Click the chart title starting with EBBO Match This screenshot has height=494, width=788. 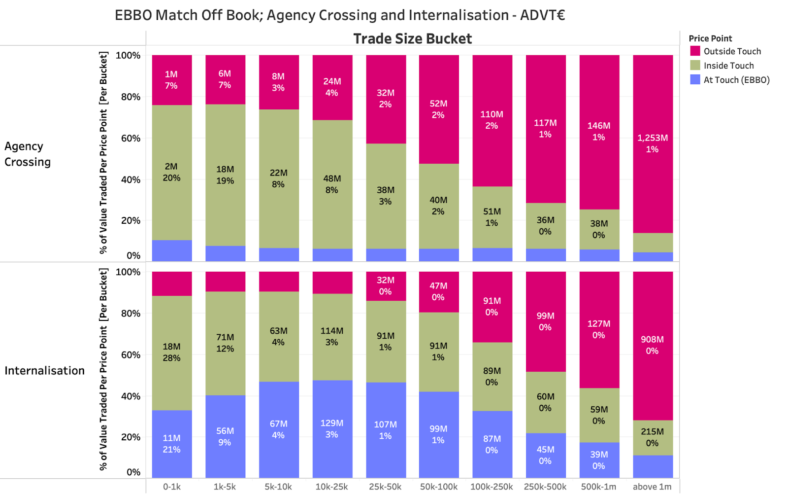339,15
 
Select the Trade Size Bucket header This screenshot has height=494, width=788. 412,38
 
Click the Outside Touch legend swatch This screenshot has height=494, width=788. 695,51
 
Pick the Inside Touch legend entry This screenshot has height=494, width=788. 728,66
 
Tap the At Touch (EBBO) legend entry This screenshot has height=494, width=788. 736,80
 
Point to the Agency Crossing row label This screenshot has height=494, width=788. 28,154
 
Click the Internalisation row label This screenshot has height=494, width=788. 44,370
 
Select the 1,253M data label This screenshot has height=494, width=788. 652,138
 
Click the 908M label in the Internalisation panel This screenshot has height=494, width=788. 652,339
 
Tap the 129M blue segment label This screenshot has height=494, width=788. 331,423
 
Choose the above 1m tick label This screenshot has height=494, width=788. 652,487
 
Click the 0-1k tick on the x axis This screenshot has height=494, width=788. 172,487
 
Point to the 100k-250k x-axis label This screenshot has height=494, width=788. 492,487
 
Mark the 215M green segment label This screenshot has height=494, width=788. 652,431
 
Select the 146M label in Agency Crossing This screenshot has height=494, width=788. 598,126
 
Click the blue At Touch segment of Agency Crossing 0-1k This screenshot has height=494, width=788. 172,250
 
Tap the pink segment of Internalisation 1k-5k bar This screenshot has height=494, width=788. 225,281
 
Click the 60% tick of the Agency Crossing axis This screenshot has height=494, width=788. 131,138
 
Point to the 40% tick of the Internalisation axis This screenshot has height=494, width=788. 131,396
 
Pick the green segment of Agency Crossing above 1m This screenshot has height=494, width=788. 653,243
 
